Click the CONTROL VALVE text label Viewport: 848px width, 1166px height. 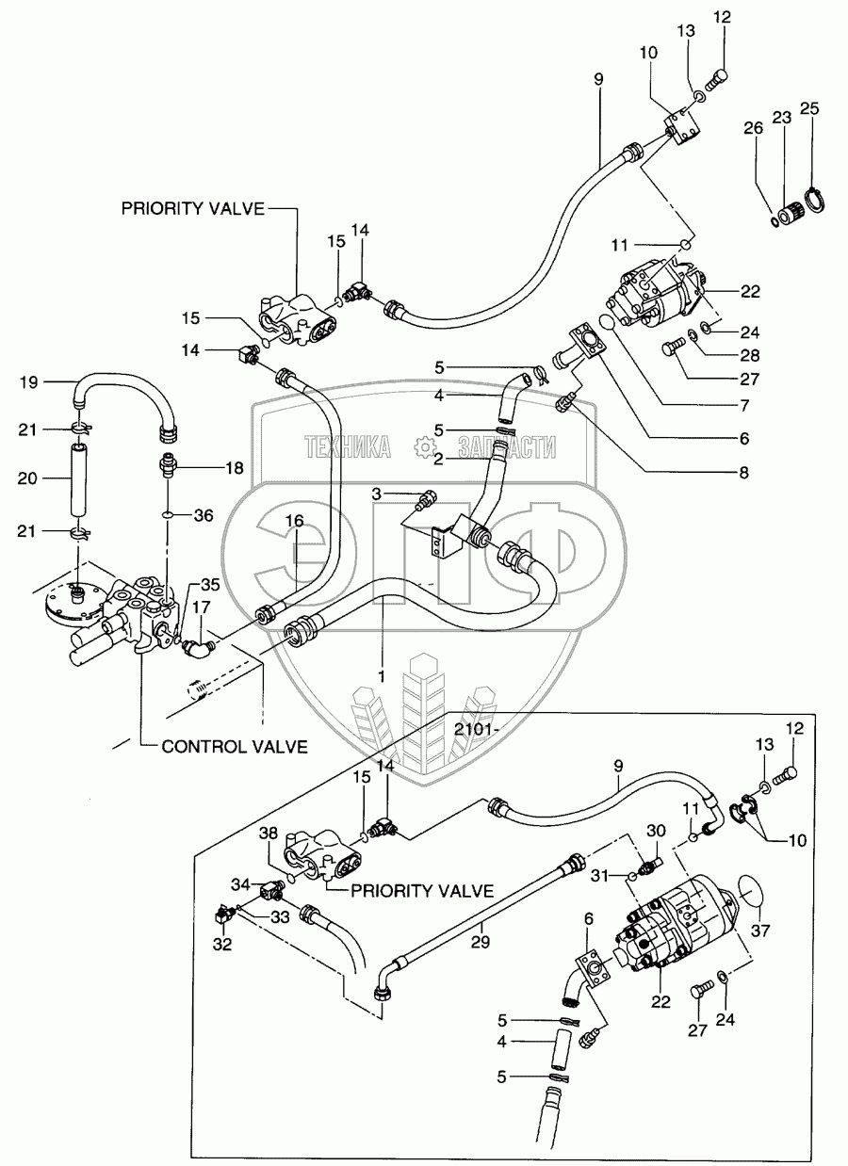235,747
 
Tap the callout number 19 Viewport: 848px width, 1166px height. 29,382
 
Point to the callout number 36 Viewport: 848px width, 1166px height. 204,515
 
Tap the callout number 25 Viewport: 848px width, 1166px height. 809,108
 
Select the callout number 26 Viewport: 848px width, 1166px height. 751,128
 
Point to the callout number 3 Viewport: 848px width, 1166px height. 375,494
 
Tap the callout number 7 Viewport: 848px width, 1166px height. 743,405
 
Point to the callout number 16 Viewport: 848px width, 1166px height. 295,520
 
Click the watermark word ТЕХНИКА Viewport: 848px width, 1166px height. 348,448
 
